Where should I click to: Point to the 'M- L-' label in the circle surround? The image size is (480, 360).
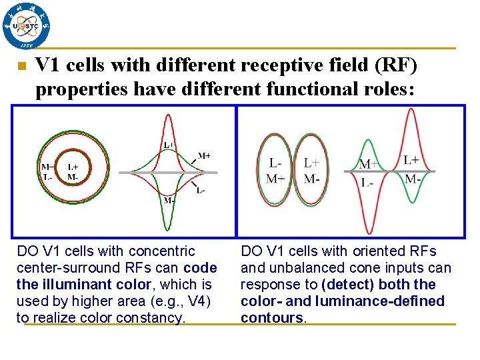click(47, 172)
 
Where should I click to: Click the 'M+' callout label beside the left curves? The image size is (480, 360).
click(204, 155)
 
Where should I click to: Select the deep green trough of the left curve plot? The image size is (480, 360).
click(169, 223)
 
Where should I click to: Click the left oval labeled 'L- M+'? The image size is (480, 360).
click(275, 171)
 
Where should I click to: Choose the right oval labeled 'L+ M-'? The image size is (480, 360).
click(311, 171)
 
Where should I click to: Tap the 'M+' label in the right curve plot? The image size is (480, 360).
click(369, 164)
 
